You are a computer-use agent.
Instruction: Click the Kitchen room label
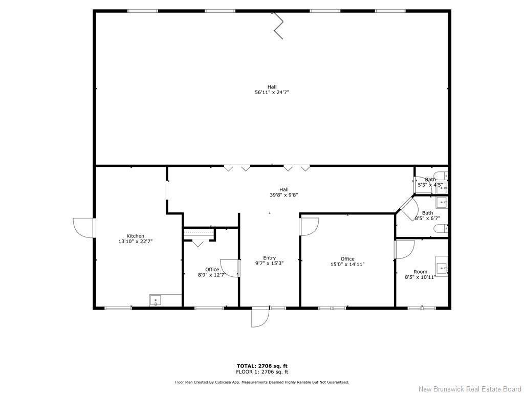click(x=136, y=236)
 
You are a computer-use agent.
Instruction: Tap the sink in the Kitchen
click(x=155, y=300)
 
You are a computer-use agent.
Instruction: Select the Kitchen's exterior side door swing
click(x=83, y=227)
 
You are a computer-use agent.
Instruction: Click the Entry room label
click(x=269, y=258)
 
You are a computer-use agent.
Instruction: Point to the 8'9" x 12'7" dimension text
click(x=212, y=275)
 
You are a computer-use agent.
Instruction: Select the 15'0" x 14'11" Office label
click(x=347, y=259)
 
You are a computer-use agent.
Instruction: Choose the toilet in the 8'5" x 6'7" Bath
click(x=441, y=228)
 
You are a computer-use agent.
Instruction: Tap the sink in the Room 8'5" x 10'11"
click(x=442, y=267)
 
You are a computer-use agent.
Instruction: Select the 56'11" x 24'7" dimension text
click(x=272, y=93)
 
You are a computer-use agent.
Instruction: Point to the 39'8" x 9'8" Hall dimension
click(x=283, y=195)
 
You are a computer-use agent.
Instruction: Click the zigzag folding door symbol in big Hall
click(x=278, y=26)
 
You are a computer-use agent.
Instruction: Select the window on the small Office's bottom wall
click(x=209, y=308)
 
